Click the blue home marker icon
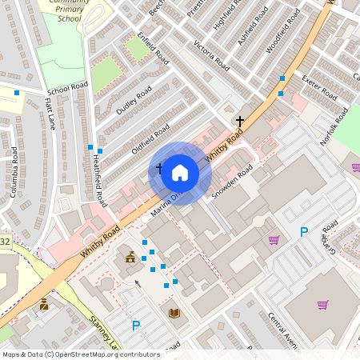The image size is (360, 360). click(x=180, y=172)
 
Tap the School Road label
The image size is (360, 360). click(x=67, y=87)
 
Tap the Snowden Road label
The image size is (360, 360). click(x=232, y=183)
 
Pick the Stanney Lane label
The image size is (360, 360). click(x=104, y=334)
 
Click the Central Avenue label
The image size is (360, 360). click(x=282, y=330)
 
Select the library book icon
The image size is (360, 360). click(x=174, y=312)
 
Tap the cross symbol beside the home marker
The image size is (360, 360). click(x=159, y=169)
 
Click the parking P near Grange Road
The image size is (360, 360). click(x=303, y=232)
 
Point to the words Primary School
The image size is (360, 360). click(x=64, y=14)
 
